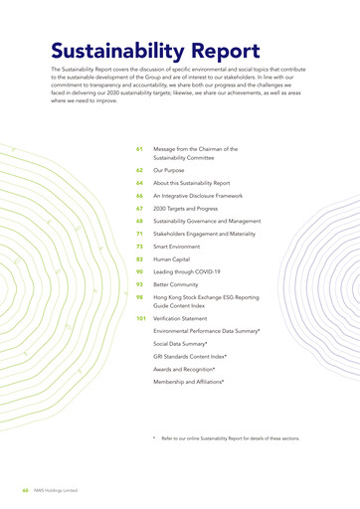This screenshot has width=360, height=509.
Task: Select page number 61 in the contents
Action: click(140, 149)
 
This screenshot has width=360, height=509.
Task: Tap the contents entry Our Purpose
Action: click(171, 170)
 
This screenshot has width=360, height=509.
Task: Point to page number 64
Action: click(140, 183)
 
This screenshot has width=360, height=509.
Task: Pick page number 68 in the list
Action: click(140, 221)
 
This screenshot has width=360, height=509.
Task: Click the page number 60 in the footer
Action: click(24, 489)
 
